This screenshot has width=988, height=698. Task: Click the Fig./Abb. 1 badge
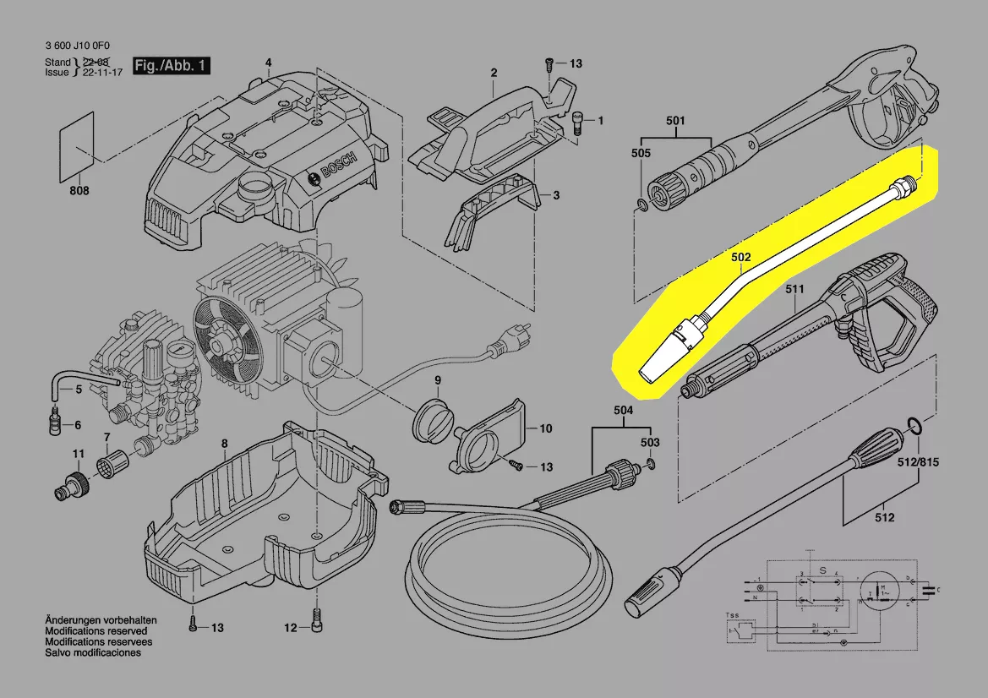point(171,65)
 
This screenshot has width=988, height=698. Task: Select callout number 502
point(741,256)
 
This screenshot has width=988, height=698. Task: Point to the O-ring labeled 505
point(643,204)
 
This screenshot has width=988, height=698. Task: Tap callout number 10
point(546,429)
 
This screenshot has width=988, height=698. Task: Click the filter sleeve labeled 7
point(112,462)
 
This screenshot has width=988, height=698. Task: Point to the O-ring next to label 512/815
point(914,425)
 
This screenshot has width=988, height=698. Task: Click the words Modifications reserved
point(96,631)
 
